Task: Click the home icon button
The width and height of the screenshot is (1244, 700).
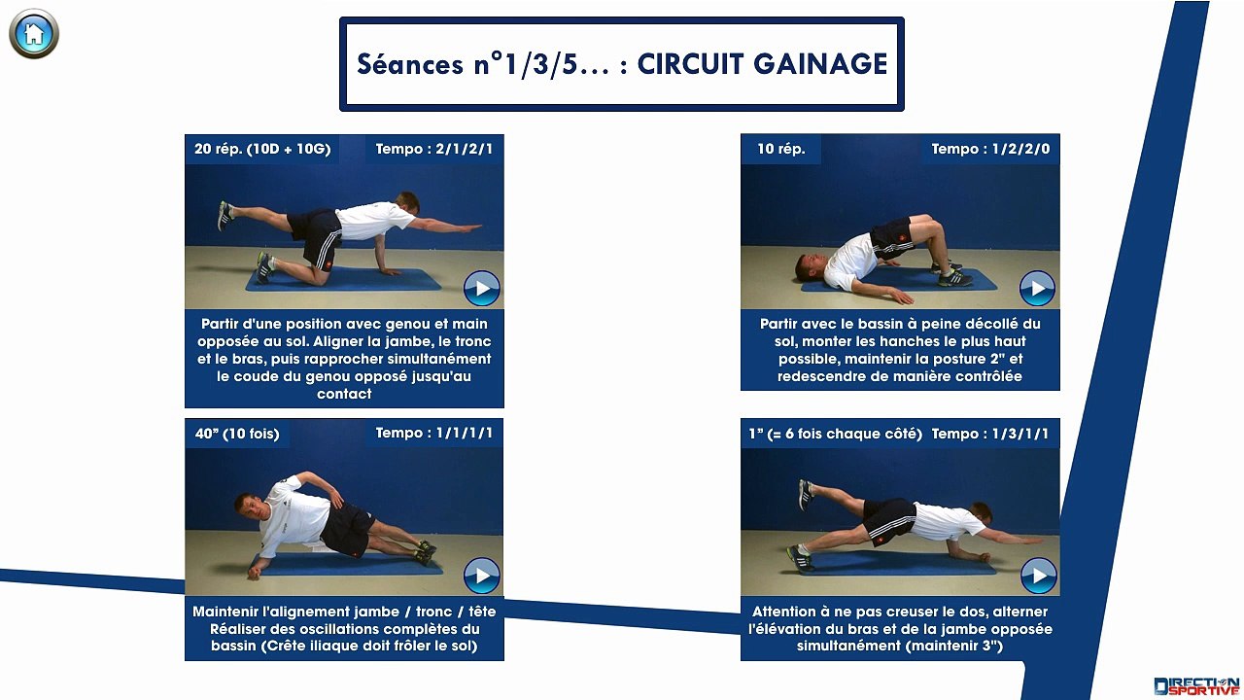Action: [x=34, y=34]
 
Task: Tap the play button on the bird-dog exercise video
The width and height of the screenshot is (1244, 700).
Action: [x=481, y=289]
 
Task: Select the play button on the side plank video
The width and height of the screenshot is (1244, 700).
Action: [x=481, y=575]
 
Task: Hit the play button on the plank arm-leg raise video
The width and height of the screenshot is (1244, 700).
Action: [x=1037, y=575]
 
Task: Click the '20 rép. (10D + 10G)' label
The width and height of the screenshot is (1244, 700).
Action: [x=262, y=149]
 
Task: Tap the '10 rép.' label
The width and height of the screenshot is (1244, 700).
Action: [x=780, y=149]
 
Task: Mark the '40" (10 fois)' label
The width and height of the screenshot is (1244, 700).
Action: [x=236, y=434]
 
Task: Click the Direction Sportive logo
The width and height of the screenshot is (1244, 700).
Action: [x=1195, y=684]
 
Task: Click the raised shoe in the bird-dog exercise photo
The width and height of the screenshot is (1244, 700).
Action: [x=225, y=212]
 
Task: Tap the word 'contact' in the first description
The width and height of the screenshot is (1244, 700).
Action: [x=344, y=394]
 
